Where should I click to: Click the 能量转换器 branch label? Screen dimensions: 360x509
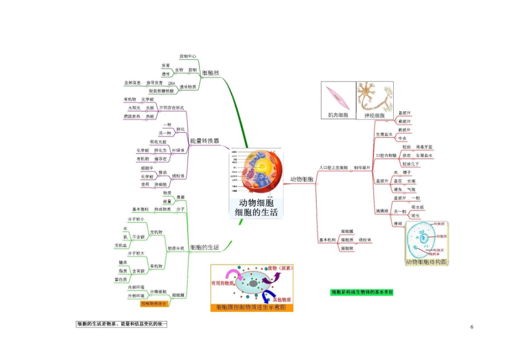pyautogui.click(x=204, y=141)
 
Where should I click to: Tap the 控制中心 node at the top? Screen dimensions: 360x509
pyautogui.click(x=188, y=56)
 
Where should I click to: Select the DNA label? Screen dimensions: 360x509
pyautogui.click(x=171, y=84)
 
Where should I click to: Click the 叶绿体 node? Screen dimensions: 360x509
pyautogui.click(x=178, y=151)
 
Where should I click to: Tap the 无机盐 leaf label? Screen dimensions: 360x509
pyautogui.click(x=121, y=245)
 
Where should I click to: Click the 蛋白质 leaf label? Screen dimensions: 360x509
pyautogui.click(x=121, y=279)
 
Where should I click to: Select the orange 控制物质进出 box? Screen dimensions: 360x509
pyautogui.click(x=154, y=304)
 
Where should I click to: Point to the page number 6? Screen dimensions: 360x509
pyautogui.click(x=471, y=327)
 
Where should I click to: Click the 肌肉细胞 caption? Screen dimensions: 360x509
pyautogui.click(x=338, y=115)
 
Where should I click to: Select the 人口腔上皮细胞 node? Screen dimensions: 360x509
pyautogui.click(x=333, y=168)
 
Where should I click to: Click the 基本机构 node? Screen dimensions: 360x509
pyautogui.click(x=327, y=239)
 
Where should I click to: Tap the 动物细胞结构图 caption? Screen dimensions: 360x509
pyautogui.click(x=426, y=262)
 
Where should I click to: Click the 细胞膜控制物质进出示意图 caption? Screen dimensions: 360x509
pyautogui.click(x=251, y=307)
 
